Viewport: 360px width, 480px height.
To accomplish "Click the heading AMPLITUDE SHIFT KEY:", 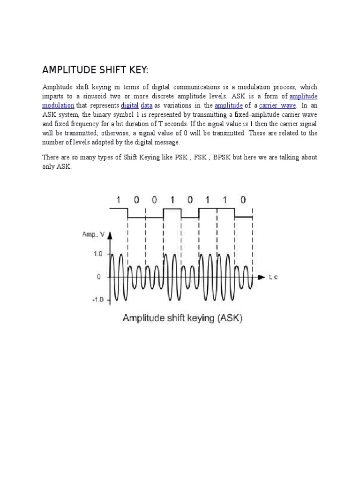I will click(x=95, y=70).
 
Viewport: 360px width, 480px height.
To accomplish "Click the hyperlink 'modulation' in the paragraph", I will click(x=58, y=105).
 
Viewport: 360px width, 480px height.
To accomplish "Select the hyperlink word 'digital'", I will click(x=129, y=105).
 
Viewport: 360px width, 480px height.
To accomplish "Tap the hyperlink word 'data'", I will click(x=146, y=105).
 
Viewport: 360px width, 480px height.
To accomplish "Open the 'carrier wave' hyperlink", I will click(x=278, y=105).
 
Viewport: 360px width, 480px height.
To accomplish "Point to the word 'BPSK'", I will click(x=222, y=158).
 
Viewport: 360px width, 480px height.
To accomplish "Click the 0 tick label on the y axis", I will click(x=99, y=277).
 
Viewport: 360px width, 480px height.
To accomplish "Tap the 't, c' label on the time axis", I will click(x=273, y=277).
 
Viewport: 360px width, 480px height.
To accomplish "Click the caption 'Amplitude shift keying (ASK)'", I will click(x=182, y=318).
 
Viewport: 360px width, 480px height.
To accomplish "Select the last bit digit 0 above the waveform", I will click(x=242, y=200).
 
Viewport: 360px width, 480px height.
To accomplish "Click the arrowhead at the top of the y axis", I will click(x=109, y=236).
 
